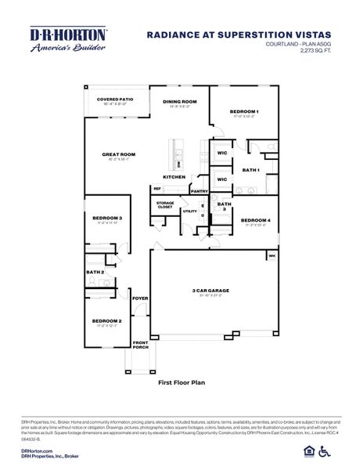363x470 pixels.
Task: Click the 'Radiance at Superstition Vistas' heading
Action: [239, 34]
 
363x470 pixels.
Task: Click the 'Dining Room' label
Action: [179, 102]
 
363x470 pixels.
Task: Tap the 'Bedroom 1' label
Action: [243, 112]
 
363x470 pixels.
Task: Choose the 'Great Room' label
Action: [118, 154]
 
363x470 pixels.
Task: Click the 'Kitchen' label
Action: [174, 176]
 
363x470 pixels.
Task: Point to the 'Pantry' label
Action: [199, 190]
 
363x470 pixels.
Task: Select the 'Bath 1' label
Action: [250, 169]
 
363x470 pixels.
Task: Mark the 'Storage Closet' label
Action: [164, 205]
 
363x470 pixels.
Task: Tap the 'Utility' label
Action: [190, 211]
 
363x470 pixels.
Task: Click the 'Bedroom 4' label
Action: [255, 220]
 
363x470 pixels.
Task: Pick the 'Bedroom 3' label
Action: [107, 218]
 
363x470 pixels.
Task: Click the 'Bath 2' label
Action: [95, 272]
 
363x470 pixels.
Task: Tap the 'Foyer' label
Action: [140, 298]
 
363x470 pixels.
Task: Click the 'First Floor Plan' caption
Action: [181, 382]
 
